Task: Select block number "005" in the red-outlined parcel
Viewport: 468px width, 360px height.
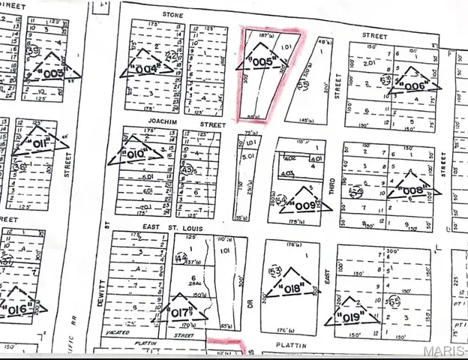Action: click(x=259, y=62)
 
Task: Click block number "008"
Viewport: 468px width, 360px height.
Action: click(x=412, y=190)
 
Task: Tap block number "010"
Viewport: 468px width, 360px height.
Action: click(x=135, y=154)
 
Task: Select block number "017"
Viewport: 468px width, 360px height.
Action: click(x=181, y=313)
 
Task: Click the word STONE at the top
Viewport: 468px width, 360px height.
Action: click(x=172, y=14)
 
